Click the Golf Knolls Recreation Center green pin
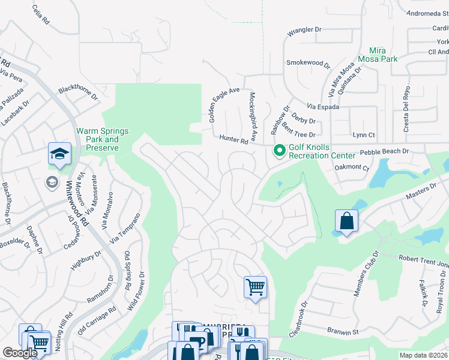click(279, 151)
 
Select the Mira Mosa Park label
click(377, 55)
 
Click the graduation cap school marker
click(60, 155)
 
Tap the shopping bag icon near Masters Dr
click(346, 221)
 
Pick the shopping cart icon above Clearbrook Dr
click(255, 287)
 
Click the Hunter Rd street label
click(234, 140)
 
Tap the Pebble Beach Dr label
click(384, 152)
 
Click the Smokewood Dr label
click(308, 63)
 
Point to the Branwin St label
click(342, 331)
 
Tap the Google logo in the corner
click(20, 353)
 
